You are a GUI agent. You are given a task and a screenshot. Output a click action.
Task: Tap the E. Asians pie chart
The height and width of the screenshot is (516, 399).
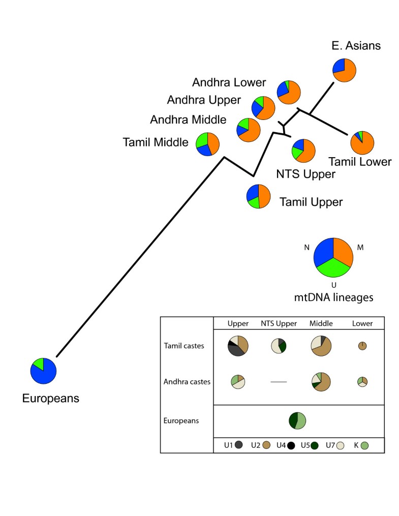[345, 70]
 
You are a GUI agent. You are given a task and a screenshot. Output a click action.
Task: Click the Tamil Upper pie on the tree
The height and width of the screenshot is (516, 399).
[258, 196]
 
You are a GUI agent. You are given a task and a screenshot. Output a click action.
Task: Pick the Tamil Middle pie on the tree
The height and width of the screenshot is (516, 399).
[207, 144]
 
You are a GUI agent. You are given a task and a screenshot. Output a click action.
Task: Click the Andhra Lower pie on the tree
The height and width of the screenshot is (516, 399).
[289, 92]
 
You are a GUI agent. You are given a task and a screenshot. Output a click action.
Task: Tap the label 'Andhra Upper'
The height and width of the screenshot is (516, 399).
[204, 100]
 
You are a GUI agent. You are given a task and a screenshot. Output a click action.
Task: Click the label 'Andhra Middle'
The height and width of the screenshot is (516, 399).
[188, 120]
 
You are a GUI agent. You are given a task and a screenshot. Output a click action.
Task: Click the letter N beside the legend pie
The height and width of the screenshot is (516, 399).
[306, 247]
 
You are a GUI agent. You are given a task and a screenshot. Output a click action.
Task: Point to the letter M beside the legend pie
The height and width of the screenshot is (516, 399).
[360, 247]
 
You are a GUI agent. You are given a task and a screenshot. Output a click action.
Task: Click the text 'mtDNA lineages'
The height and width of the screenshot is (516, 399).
[333, 297]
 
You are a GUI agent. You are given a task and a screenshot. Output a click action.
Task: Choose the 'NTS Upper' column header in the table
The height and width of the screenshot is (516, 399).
[279, 323]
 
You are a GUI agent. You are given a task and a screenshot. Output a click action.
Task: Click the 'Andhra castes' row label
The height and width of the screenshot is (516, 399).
[187, 381]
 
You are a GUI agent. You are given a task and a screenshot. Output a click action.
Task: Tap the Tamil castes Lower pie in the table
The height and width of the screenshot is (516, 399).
[362, 346]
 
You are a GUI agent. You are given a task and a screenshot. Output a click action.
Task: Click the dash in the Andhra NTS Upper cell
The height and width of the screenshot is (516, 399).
[279, 381]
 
